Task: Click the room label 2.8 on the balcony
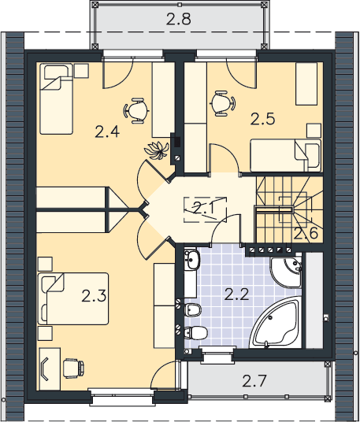[179, 20]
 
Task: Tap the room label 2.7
[254, 381]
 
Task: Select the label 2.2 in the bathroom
[236, 294]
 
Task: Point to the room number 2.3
[94, 296]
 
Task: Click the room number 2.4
[107, 132]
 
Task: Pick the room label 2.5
[262, 119]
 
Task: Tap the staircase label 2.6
[306, 233]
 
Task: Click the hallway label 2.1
[204, 209]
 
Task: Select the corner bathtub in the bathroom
[275, 322]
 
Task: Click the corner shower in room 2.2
[286, 272]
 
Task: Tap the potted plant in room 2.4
[157, 150]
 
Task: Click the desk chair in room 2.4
[136, 110]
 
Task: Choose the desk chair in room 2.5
[222, 104]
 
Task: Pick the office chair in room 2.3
[73, 368]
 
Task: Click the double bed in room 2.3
[73, 298]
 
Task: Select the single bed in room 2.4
[56, 98]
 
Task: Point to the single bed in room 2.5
[286, 155]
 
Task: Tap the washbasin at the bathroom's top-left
[192, 260]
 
